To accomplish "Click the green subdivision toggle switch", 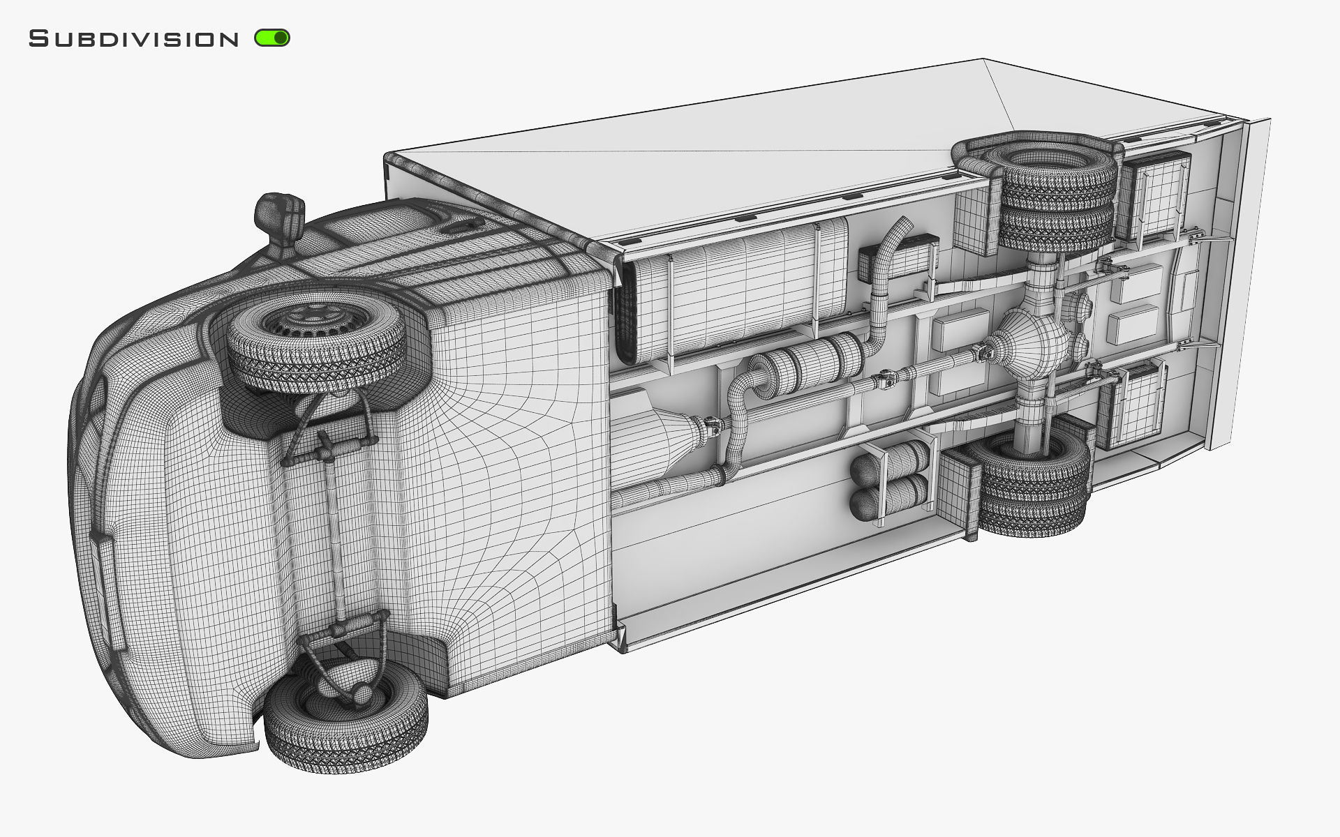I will (x=272, y=38).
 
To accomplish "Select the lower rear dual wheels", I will (x=1033, y=481).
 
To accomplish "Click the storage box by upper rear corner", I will (x=1155, y=195).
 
